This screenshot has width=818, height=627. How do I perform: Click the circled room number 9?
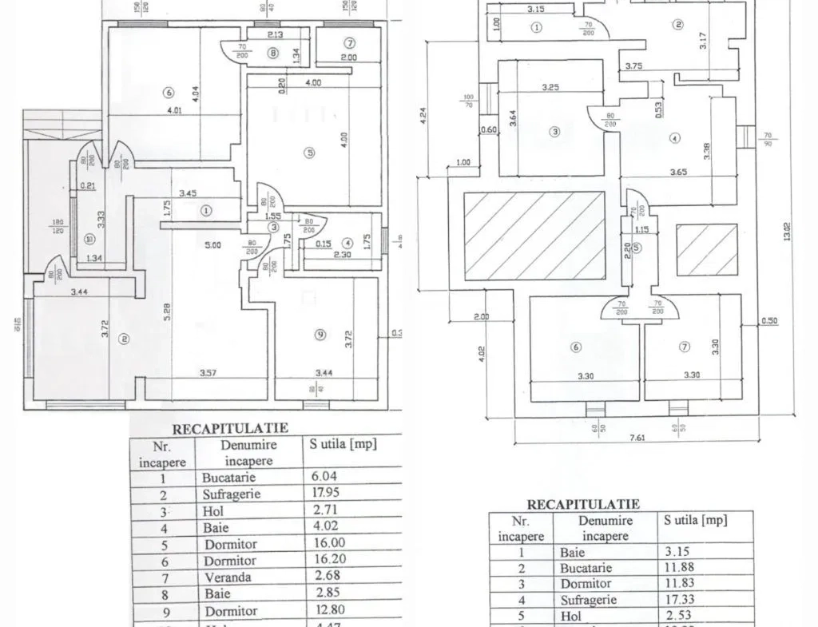[320, 335]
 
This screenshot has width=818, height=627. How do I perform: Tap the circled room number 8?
[274, 54]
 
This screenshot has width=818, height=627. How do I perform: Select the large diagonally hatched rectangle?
[534, 236]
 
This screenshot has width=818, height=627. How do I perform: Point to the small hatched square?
[707, 250]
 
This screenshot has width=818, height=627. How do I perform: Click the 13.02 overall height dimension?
[788, 232]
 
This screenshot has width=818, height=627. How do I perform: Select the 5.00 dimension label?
[212, 246]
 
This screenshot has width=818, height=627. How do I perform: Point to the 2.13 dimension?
[276, 35]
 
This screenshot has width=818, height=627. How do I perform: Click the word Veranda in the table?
[227, 577]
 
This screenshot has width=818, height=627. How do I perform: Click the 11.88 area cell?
[678, 567]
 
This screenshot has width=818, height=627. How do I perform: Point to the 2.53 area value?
[677, 616]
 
